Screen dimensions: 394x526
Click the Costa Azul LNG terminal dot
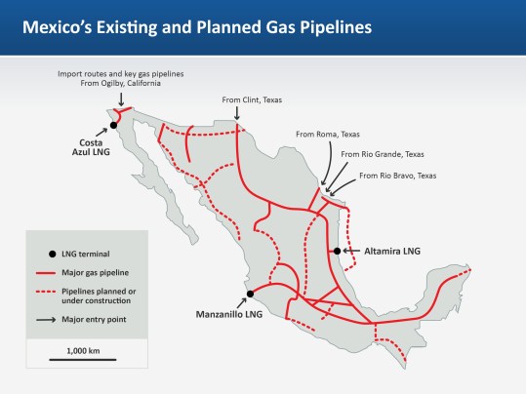113,125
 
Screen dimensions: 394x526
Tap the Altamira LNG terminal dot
337,252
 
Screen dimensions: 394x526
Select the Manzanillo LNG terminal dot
250,294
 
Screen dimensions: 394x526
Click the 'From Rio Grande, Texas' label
382,154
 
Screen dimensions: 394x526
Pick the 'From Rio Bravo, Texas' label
397,176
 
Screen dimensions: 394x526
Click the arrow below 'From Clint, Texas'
237,116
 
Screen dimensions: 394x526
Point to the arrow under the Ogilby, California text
120,100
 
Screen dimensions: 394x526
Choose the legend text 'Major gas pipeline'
97,271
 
